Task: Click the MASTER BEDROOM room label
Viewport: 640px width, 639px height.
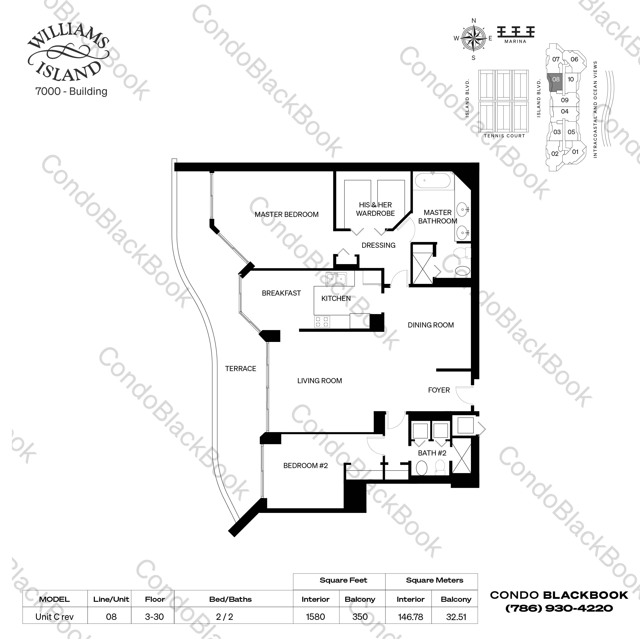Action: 286,214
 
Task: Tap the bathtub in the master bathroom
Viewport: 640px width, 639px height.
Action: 432,181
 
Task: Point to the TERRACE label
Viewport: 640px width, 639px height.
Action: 241,368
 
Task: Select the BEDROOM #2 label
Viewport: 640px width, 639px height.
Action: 305,465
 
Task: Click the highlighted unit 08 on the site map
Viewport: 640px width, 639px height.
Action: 556,80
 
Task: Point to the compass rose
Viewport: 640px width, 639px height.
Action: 473,39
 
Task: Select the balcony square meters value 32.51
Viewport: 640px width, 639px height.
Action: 456,617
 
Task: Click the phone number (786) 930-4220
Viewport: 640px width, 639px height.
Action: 559,608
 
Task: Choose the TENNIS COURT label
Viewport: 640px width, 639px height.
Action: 504,135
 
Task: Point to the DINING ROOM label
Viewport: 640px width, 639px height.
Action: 431,325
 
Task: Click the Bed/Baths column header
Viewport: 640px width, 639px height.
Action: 230,599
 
